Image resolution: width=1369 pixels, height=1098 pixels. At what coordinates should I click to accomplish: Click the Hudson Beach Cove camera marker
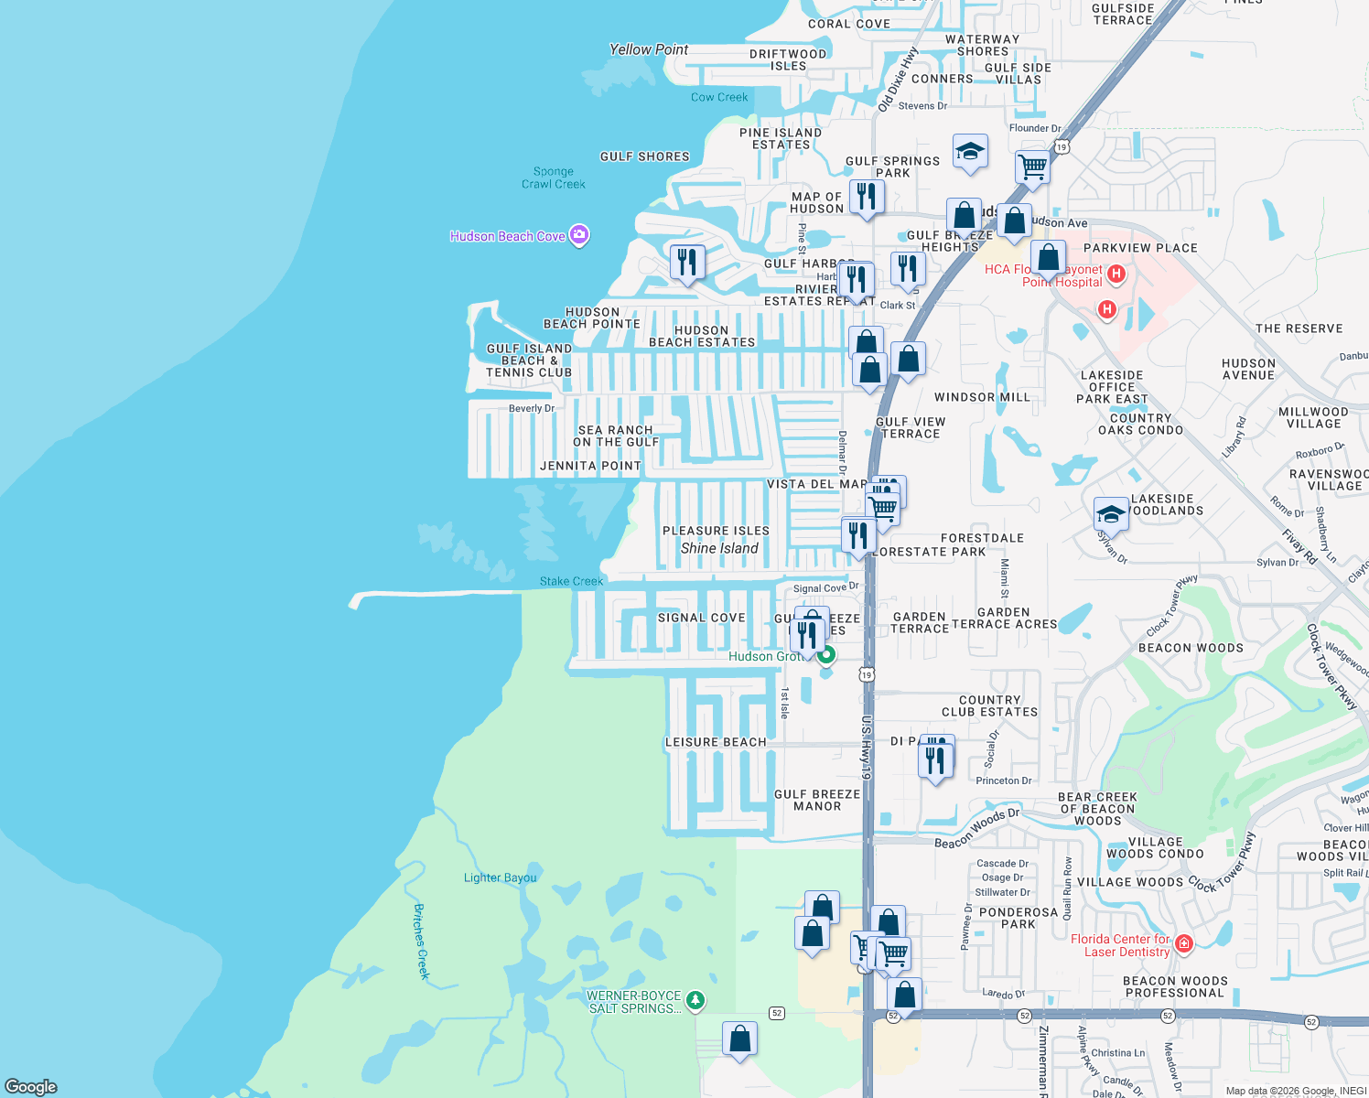click(x=578, y=235)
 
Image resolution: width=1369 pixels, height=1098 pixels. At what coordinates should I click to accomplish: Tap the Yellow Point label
click(x=649, y=49)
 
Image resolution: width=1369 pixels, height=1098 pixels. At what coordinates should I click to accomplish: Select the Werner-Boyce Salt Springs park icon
click(x=695, y=1000)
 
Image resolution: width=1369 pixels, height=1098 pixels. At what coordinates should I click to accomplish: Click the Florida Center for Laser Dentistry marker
click(x=1184, y=943)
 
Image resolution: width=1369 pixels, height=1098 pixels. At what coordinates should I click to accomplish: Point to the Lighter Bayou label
click(x=500, y=877)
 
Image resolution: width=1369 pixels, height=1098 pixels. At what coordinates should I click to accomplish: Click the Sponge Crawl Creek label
click(x=554, y=178)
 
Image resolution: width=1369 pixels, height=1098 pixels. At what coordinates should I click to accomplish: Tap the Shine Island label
click(x=719, y=548)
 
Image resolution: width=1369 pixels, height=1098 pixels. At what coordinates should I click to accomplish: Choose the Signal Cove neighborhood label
click(x=702, y=618)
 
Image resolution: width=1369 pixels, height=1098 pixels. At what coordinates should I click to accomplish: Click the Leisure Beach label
click(x=716, y=742)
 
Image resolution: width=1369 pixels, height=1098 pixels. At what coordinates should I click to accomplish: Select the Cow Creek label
click(x=719, y=97)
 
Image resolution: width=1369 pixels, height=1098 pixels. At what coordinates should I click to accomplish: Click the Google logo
click(x=31, y=1086)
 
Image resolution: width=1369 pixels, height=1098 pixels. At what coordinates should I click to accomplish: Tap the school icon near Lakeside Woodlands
click(x=1111, y=513)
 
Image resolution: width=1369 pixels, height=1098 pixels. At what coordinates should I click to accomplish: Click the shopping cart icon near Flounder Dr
click(x=1032, y=167)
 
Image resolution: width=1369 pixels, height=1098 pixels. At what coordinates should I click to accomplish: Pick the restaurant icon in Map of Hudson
click(x=866, y=197)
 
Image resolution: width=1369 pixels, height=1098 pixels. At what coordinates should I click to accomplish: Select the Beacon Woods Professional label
click(x=1176, y=986)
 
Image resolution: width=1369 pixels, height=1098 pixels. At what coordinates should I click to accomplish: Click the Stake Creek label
click(x=571, y=581)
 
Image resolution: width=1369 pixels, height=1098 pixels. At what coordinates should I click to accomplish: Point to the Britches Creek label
click(x=421, y=941)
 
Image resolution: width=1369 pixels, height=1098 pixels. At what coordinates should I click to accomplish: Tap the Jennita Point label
click(x=590, y=466)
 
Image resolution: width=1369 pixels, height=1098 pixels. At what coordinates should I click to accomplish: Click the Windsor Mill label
click(x=982, y=397)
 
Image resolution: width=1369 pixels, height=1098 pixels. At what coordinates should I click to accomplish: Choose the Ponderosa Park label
click(x=1019, y=918)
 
